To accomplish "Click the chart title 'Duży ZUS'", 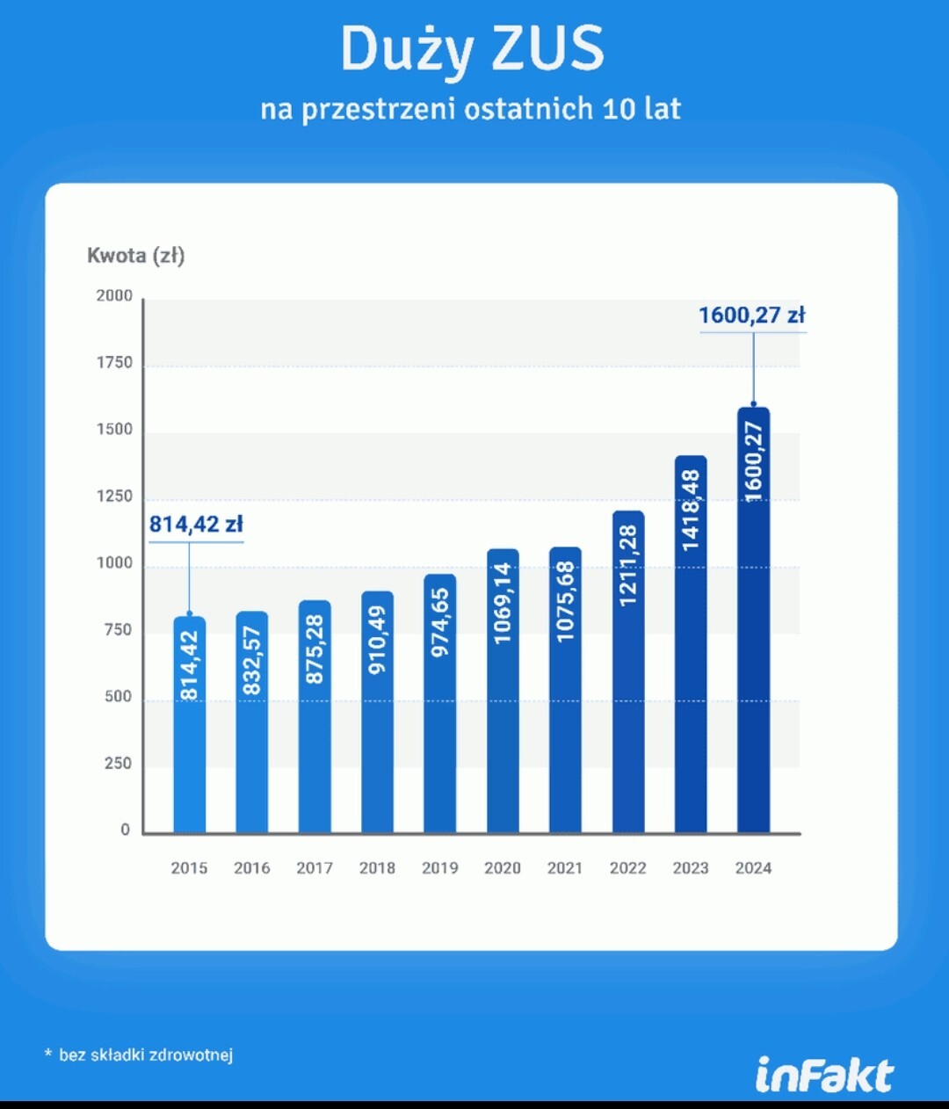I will point(473,49).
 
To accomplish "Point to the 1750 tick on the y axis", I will point(114,363).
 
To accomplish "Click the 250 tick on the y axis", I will point(118,764).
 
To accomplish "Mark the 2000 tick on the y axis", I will point(114,296).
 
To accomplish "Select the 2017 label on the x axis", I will point(315,868).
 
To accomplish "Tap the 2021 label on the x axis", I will point(565,868).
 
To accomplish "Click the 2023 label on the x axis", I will point(691,868).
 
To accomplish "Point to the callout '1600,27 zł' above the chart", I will point(751,315).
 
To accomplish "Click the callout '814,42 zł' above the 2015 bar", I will point(195,525).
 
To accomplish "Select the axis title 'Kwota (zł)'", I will point(135,256).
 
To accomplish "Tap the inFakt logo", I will point(824,1076).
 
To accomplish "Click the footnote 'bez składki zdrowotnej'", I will point(146,1055).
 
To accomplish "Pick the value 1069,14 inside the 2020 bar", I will point(503,603).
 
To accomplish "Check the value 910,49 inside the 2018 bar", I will point(377,640).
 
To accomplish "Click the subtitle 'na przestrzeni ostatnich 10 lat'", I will point(471,109).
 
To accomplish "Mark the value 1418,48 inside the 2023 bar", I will point(691,511).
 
